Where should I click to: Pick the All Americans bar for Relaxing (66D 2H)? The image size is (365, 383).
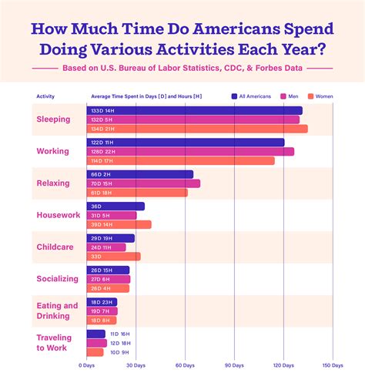point(139,174)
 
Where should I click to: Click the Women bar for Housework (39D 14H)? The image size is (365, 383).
point(119,224)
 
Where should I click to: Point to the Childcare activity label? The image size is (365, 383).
point(54,247)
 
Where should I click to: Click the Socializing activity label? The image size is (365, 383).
point(57,278)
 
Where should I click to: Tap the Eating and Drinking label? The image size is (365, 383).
point(57,311)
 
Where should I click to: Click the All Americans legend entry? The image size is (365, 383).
point(252,96)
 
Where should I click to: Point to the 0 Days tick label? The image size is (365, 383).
point(86,365)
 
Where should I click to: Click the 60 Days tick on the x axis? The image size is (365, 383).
point(186,365)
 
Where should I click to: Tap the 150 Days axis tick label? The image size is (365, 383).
point(333,365)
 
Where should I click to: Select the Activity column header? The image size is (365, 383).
point(45,96)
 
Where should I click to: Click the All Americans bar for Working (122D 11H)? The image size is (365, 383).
point(185,142)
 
